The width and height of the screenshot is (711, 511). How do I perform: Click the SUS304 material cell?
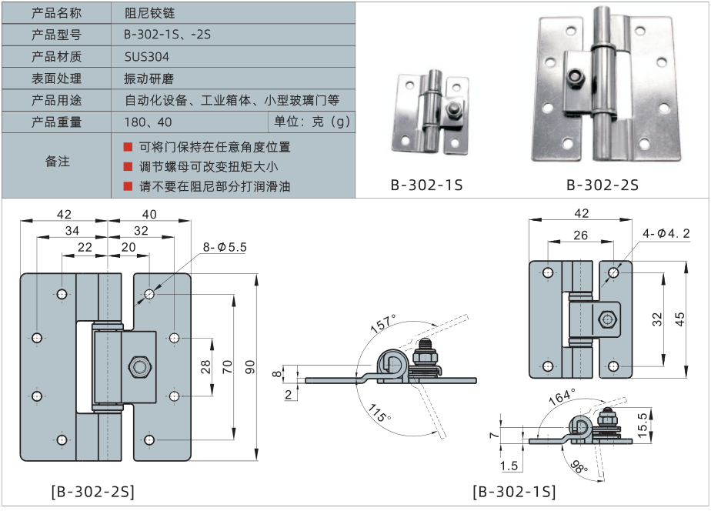[x=146, y=57]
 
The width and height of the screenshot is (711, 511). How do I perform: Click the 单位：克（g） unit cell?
[x=312, y=122]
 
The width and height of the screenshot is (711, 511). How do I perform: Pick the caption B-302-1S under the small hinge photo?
[x=426, y=185]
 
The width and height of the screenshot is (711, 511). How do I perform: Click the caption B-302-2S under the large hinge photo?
[x=603, y=185]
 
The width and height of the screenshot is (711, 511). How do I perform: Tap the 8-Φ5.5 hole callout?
[x=225, y=247]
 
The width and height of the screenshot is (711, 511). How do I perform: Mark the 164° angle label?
[x=562, y=397]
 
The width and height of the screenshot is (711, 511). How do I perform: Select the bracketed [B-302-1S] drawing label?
[x=513, y=491]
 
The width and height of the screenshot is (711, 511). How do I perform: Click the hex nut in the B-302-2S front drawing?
[x=139, y=366]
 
